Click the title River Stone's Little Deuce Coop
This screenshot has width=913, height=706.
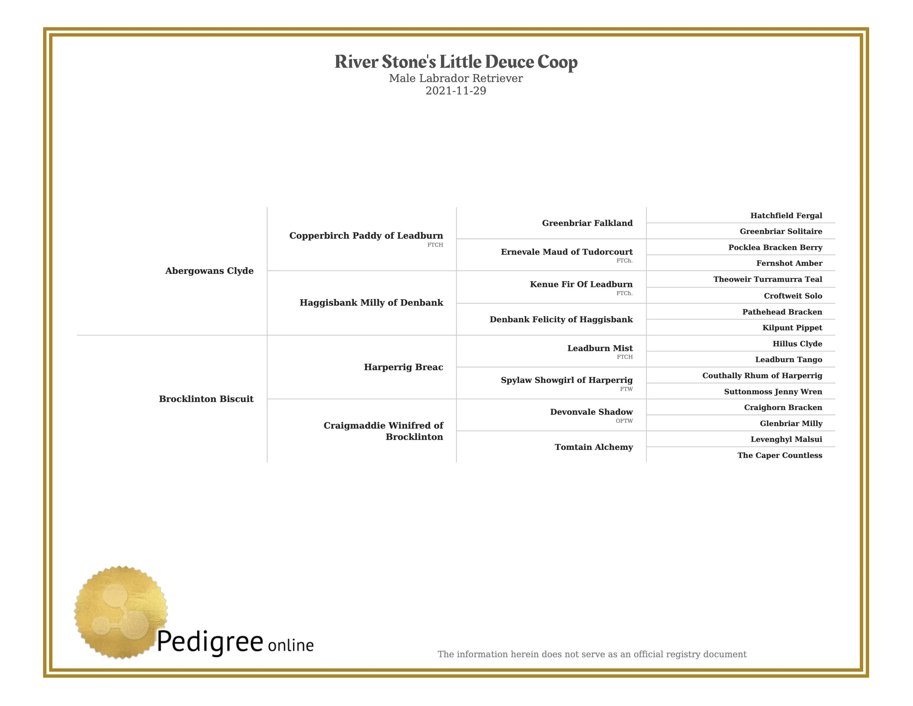[x=456, y=62]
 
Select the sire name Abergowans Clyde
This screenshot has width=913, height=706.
[x=209, y=271]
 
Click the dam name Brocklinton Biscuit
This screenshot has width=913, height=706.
[x=206, y=399]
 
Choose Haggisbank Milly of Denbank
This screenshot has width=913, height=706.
[x=371, y=303]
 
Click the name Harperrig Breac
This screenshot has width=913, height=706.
[x=404, y=367]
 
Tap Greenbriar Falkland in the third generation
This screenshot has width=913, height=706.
[x=587, y=223]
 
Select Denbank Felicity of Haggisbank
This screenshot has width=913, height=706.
[x=561, y=319]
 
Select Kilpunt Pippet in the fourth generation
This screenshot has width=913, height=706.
[x=792, y=328]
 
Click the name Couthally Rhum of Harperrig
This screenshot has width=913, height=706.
[x=762, y=376]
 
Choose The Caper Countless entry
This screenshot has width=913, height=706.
[x=780, y=455]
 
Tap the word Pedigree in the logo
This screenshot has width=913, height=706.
[x=210, y=642]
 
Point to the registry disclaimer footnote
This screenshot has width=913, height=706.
[x=592, y=654]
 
